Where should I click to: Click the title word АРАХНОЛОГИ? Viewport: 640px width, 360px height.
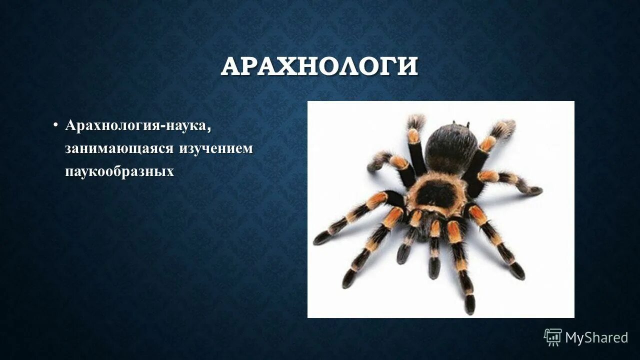pyautogui.click(x=319, y=66)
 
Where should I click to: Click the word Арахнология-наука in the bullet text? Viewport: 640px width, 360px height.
pyautogui.click(x=135, y=125)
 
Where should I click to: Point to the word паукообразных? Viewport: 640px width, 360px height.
pyautogui.click(x=119, y=171)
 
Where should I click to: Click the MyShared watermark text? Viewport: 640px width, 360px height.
pyautogui.click(x=596, y=337)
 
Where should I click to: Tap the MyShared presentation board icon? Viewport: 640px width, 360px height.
pyautogui.click(x=553, y=337)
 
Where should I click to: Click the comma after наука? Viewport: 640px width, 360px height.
pyautogui.click(x=208, y=129)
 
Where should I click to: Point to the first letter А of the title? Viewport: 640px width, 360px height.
pyautogui.click(x=230, y=67)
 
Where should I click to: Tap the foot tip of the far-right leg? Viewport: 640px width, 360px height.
pyautogui.click(x=536, y=190)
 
